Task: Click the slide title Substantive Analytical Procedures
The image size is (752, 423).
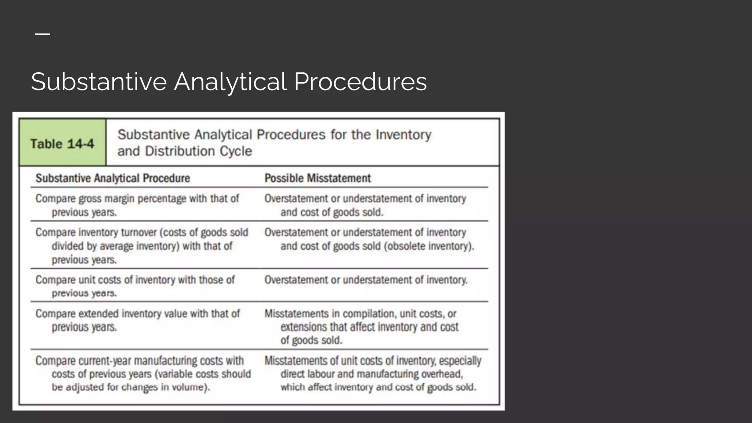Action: [229, 82]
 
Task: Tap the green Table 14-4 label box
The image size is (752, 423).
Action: [62, 143]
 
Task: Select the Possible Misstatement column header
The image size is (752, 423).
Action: [318, 178]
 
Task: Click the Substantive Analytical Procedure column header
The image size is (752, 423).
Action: [113, 178]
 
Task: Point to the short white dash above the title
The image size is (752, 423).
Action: [43, 34]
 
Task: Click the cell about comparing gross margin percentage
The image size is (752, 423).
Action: [137, 205]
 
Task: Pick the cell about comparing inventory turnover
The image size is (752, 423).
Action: [142, 246]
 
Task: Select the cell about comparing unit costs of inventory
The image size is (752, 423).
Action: [135, 286]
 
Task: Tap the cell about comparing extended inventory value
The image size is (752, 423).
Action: [137, 320]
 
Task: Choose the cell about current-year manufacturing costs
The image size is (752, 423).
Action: [143, 374]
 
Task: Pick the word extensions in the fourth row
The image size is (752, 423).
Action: [303, 327]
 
